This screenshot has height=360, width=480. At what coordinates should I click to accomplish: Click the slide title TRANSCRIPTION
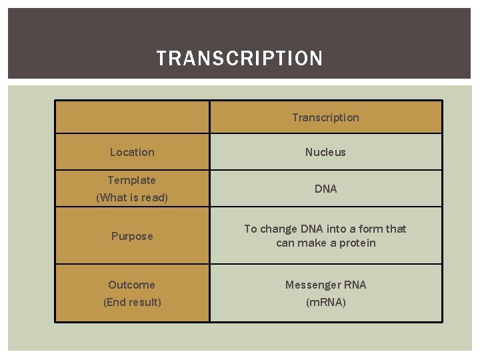click(x=239, y=59)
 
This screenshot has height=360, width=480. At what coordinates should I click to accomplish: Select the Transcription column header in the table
click(x=325, y=117)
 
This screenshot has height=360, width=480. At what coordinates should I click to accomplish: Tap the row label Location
click(x=132, y=152)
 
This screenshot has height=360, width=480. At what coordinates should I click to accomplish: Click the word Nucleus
click(x=325, y=152)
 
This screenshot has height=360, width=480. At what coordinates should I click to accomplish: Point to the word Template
click(x=132, y=180)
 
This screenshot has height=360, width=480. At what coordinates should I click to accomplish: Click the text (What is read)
click(x=132, y=197)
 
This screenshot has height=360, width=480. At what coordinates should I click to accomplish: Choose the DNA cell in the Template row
click(x=325, y=189)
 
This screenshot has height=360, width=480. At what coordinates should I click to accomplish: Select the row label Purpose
click(x=132, y=236)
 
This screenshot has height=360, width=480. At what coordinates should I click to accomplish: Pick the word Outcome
click(x=132, y=285)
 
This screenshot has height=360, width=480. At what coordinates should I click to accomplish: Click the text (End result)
click(x=132, y=302)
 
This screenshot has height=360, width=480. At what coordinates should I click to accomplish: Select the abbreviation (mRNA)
click(x=325, y=302)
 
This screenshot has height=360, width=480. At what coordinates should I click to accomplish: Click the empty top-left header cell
click(x=132, y=117)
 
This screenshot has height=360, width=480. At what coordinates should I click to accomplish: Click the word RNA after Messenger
click(x=355, y=285)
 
